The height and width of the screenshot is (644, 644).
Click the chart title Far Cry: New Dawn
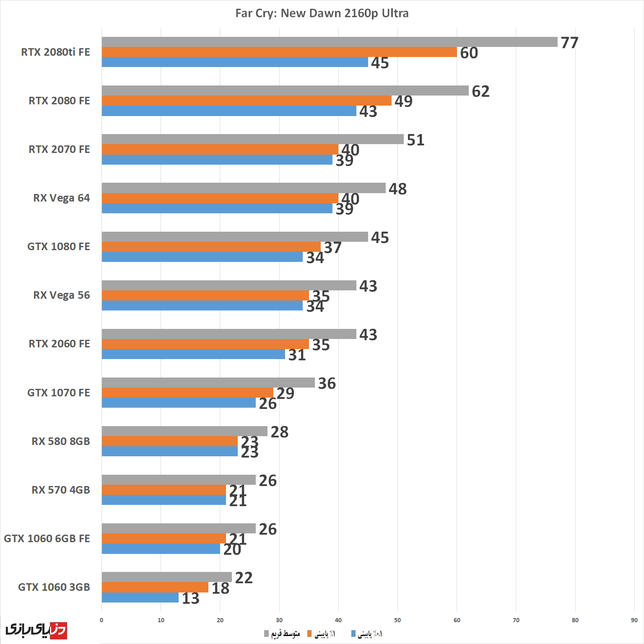click(322, 13)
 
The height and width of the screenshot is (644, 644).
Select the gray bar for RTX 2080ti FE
click(329, 42)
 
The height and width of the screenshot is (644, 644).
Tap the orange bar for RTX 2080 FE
click(247, 101)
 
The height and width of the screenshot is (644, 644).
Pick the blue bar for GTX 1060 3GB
click(140, 597)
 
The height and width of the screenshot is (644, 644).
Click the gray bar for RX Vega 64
click(243, 188)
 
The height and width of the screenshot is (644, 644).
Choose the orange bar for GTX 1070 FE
click(187, 393)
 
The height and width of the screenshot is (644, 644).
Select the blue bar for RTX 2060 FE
click(193, 354)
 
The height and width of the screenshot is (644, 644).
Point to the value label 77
click(569, 43)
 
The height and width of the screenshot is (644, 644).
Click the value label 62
click(480, 91)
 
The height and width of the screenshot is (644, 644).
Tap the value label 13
click(190, 598)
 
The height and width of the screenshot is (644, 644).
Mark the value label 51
click(415, 140)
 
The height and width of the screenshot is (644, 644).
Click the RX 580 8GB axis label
click(61, 441)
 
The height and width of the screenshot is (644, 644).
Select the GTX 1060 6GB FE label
click(47, 538)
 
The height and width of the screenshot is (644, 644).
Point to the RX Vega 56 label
click(62, 295)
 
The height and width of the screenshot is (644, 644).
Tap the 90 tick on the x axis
click(634, 620)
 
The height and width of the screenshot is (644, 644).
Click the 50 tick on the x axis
click(397, 620)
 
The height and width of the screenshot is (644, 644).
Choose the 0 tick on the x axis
click(101, 620)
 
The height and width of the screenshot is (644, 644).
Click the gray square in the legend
click(266, 634)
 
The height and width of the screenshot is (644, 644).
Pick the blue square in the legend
click(353, 634)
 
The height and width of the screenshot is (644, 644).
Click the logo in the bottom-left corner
click(36, 630)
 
